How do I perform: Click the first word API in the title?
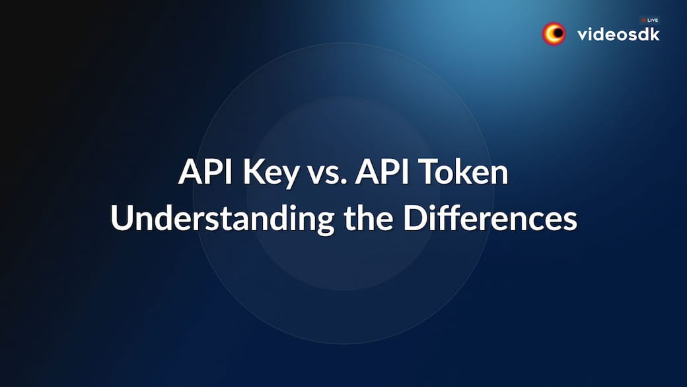(205, 171)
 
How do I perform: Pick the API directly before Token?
(382, 171)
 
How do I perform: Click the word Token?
(464, 171)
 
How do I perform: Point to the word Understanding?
(223, 218)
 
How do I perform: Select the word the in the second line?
(369, 218)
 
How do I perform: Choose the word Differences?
(490, 218)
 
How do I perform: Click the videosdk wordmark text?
(619, 34)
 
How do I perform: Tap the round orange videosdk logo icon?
(554, 34)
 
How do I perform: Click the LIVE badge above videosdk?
(650, 21)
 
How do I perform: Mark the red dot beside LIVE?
(643, 21)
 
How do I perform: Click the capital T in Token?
(429, 171)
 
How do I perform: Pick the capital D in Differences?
(414, 218)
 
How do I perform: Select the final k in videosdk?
(655, 34)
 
